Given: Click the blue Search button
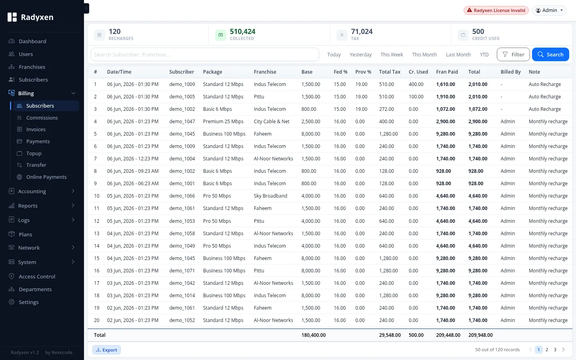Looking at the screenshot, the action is [550, 54].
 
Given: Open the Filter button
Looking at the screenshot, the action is [513, 54].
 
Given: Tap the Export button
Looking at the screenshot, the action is [106, 350].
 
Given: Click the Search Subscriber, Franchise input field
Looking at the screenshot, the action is [205, 54].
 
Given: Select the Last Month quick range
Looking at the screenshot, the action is [458, 54].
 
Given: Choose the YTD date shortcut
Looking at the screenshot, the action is [484, 54].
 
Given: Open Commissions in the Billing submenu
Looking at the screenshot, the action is [42, 118].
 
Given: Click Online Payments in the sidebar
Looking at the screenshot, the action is [46, 177].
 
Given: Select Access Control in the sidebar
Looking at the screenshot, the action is [37, 276].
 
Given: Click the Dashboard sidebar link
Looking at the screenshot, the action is [32, 42].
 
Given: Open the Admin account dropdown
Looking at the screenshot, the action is [549, 10].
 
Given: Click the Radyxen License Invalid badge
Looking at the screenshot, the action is [496, 10].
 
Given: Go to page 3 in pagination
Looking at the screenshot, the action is [555, 350].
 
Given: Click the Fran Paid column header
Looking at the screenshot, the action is [447, 72].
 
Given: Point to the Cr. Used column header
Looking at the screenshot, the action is [418, 72].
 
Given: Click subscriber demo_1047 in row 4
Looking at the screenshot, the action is [182, 121].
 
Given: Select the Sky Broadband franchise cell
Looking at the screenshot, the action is [270, 196].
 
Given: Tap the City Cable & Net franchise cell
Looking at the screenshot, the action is [272, 121].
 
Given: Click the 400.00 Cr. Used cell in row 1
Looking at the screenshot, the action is [416, 84].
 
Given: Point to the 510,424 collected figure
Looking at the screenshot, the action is [242, 31].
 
